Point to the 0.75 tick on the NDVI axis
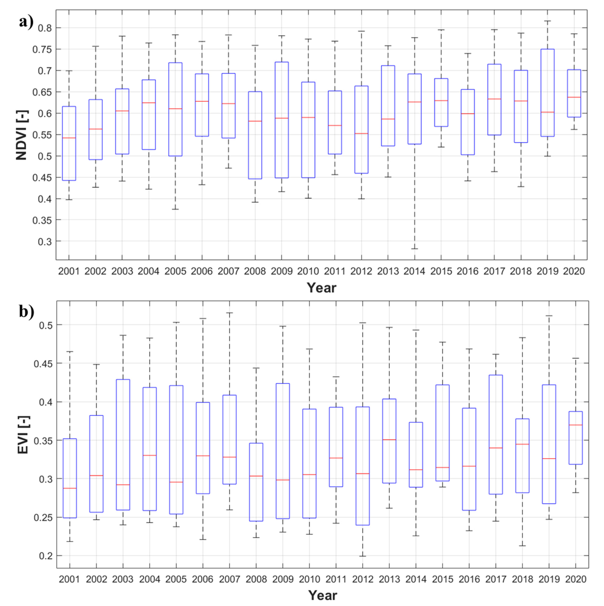click(42, 49)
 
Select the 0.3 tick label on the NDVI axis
click(45, 241)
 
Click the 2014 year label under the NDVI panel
click(414, 271)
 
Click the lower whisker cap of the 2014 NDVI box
click(414, 249)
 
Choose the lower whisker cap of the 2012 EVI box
click(363, 556)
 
